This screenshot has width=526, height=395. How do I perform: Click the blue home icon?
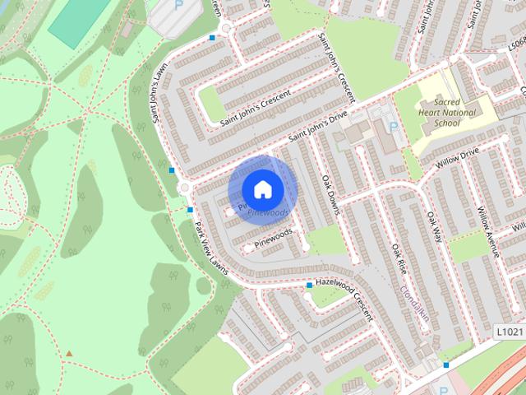(x=262, y=189)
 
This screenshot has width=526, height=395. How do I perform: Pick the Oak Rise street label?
(x=399, y=258)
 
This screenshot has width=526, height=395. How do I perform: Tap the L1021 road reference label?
(x=510, y=331)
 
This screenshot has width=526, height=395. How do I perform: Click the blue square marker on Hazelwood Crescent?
(x=309, y=286)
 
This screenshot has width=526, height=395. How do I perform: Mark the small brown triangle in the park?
(x=69, y=354)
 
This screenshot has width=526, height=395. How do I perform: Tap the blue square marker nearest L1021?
(x=446, y=365)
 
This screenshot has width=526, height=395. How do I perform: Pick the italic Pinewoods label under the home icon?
(x=268, y=212)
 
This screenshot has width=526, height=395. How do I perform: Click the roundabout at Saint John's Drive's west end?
(x=185, y=188)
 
